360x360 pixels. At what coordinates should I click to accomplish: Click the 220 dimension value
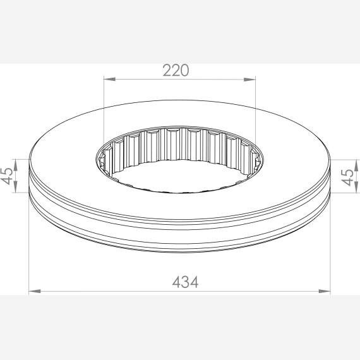click(176, 71)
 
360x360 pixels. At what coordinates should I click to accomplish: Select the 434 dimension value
click(185, 282)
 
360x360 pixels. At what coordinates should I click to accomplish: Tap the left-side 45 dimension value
click(7, 176)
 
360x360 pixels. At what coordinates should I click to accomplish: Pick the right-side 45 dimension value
click(347, 177)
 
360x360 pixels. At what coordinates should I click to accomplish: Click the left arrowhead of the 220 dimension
click(109, 79)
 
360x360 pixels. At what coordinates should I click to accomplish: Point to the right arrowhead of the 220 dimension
click(249, 80)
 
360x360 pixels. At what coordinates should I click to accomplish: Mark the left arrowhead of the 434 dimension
click(35, 291)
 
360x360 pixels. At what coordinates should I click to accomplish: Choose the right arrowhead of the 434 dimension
click(325, 291)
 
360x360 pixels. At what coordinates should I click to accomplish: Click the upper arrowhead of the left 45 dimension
click(16, 165)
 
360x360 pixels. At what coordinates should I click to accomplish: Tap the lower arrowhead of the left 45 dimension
click(16, 187)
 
